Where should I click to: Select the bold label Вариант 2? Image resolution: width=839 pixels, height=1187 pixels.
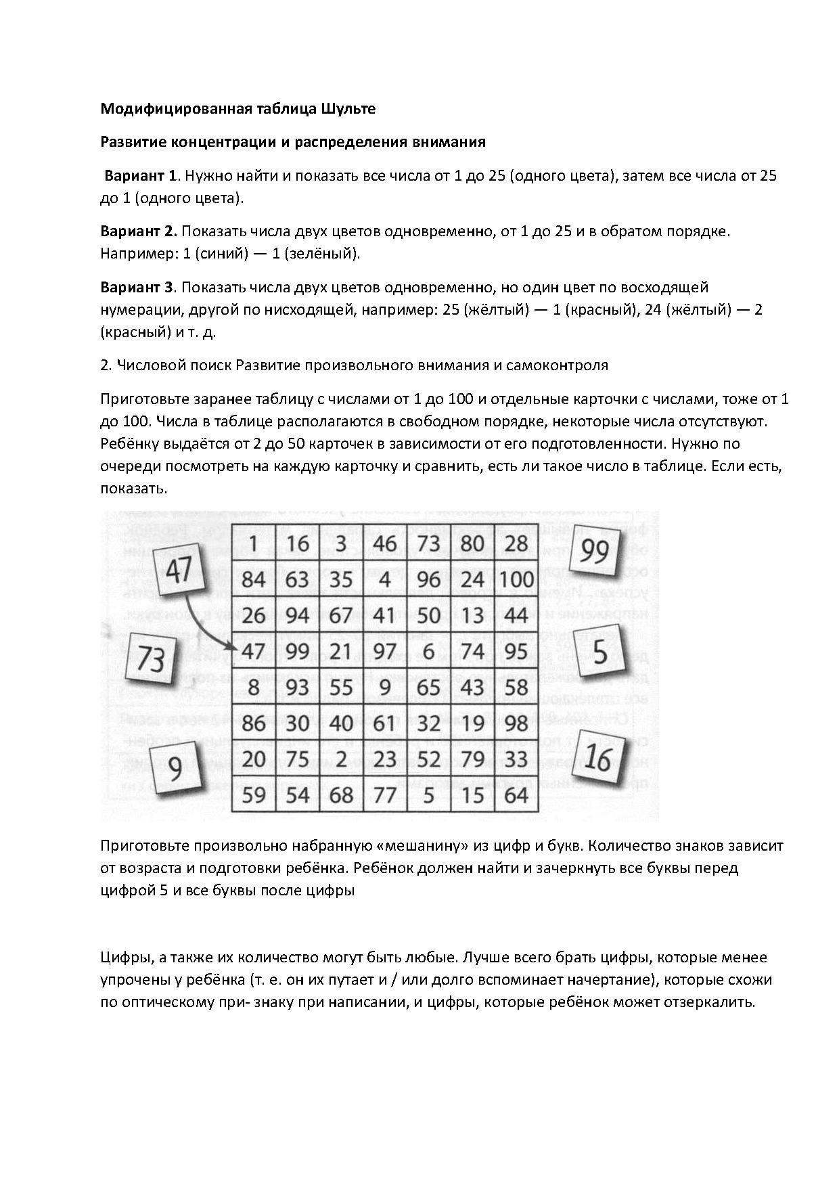pos(139,231)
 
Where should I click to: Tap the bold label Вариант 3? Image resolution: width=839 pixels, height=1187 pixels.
pos(137,287)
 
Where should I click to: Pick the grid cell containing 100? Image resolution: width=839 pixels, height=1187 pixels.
pos(517,579)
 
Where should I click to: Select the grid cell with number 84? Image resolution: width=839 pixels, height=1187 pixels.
pos(253,579)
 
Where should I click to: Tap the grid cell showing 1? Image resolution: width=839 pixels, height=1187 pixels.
pos(253,543)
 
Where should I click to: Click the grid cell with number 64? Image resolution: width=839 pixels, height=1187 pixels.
pos(516,794)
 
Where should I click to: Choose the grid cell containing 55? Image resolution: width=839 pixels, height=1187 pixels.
pos(341,687)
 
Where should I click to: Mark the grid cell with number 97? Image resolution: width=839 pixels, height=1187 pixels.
pos(384,651)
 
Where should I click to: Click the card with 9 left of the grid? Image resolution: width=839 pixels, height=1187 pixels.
pos(175,769)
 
